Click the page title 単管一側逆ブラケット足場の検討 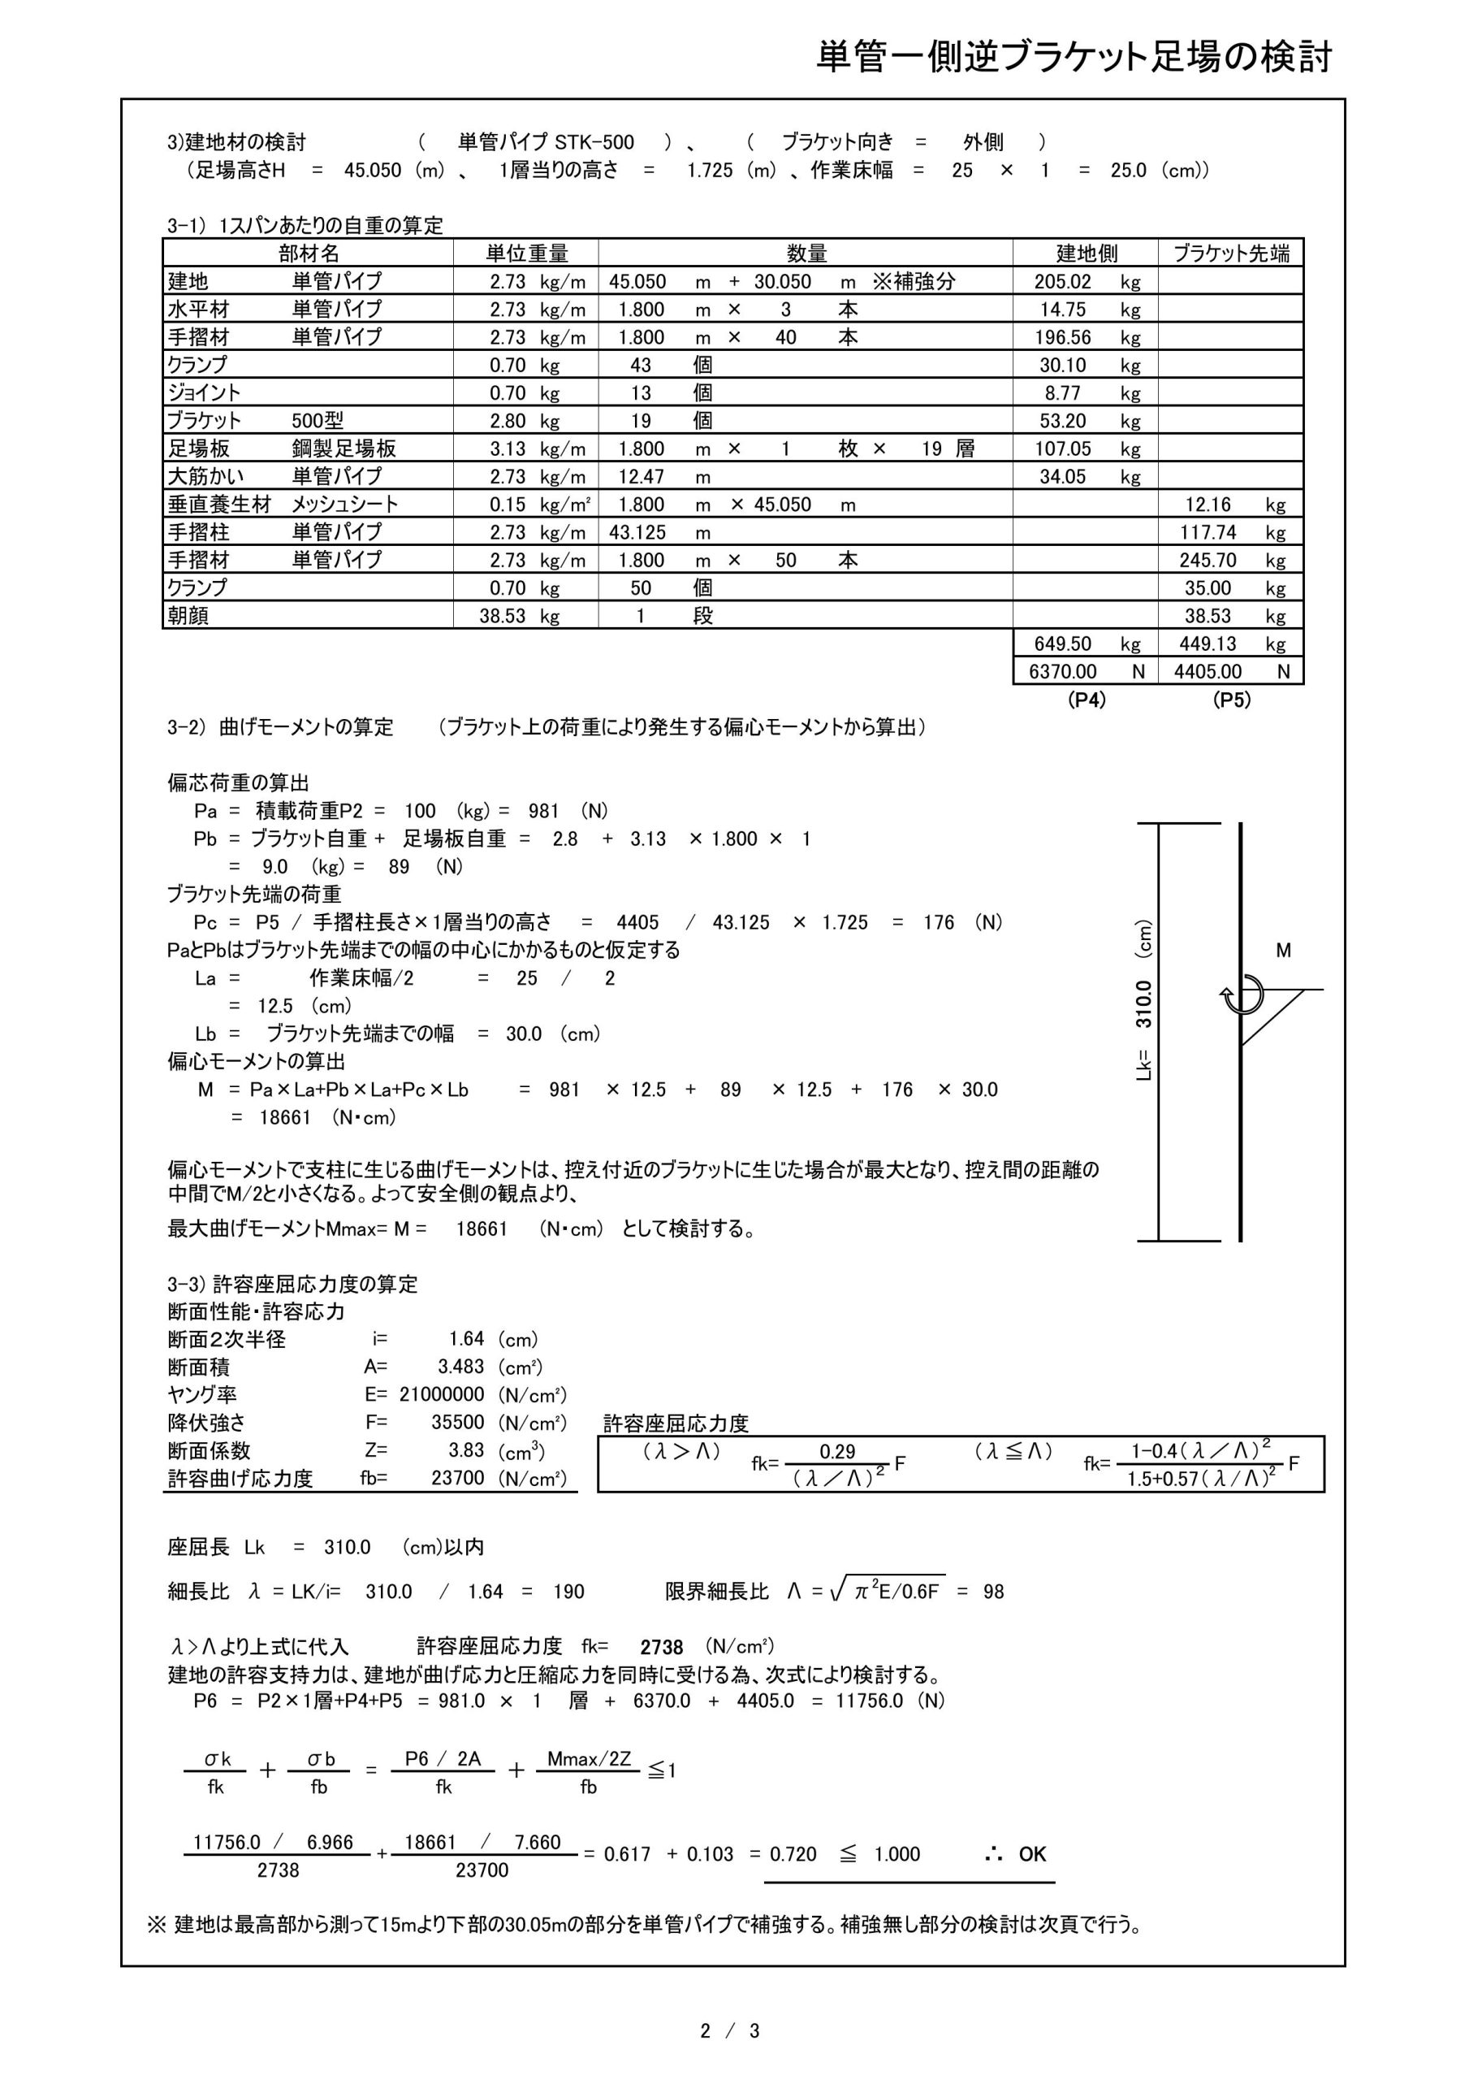pyautogui.click(x=1074, y=57)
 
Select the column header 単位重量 pyautogui.click(x=526, y=253)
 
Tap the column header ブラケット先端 pyautogui.click(x=1231, y=253)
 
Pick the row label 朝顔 pyautogui.click(x=188, y=616)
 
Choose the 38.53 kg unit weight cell pyautogui.click(x=520, y=616)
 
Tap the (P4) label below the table pyautogui.click(x=1086, y=700)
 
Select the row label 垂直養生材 pyautogui.click(x=219, y=505)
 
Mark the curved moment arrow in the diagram pyautogui.click(x=1242, y=995)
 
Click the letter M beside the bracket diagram pyautogui.click(x=1283, y=951)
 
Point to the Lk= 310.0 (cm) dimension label pyautogui.click(x=1144, y=1001)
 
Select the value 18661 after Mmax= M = pyautogui.click(x=481, y=1229)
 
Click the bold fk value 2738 pyautogui.click(x=661, y=1648)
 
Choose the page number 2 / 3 pyautogui.click(x=729, y=2032)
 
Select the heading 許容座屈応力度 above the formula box pyautogui.click(x=676, y=1423)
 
